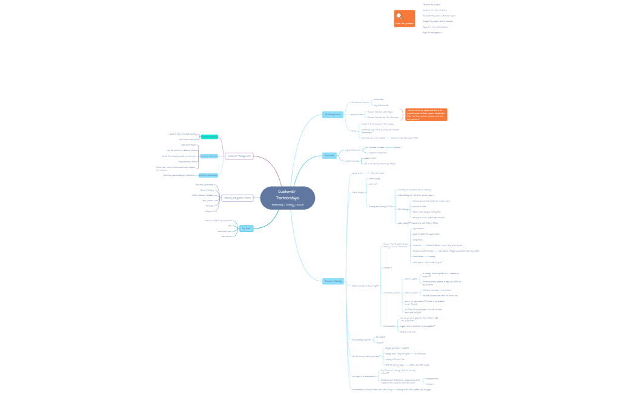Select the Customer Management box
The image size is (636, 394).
point(239,156)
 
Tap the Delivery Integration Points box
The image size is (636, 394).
point(237,198)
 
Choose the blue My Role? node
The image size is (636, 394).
point(246,229)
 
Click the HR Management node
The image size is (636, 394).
point(332,114)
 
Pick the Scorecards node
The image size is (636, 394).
point(330,155)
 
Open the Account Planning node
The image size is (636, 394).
point(333,281)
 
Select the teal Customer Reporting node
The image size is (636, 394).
point(209,137)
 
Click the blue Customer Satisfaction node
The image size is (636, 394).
point(209,156)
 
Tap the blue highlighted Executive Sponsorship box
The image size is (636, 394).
point(208,175)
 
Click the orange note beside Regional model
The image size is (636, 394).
point(426,115)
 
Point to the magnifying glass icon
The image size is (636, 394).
point(400,16)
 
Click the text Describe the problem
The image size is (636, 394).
point(432,4)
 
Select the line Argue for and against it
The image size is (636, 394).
point(432,33)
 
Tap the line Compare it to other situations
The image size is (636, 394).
point(435,10)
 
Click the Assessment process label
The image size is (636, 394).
point(391,292)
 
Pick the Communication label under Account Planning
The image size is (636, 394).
point(389,326)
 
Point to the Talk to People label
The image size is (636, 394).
point(358,192)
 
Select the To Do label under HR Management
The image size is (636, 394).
point(354,130)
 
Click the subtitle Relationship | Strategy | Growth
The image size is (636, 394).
point(288,205)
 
